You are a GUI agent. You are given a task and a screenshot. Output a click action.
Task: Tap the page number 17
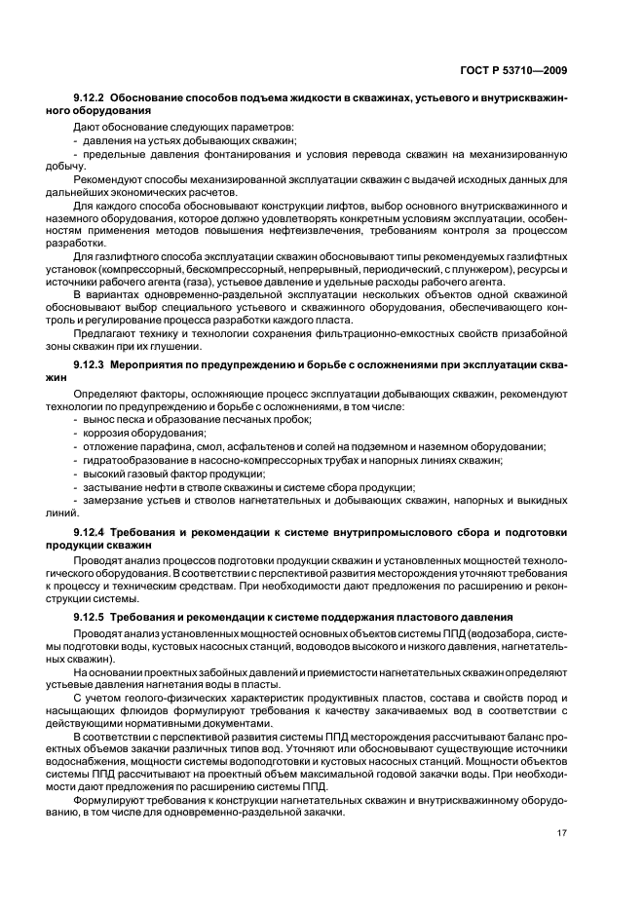(x=562, y=832)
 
